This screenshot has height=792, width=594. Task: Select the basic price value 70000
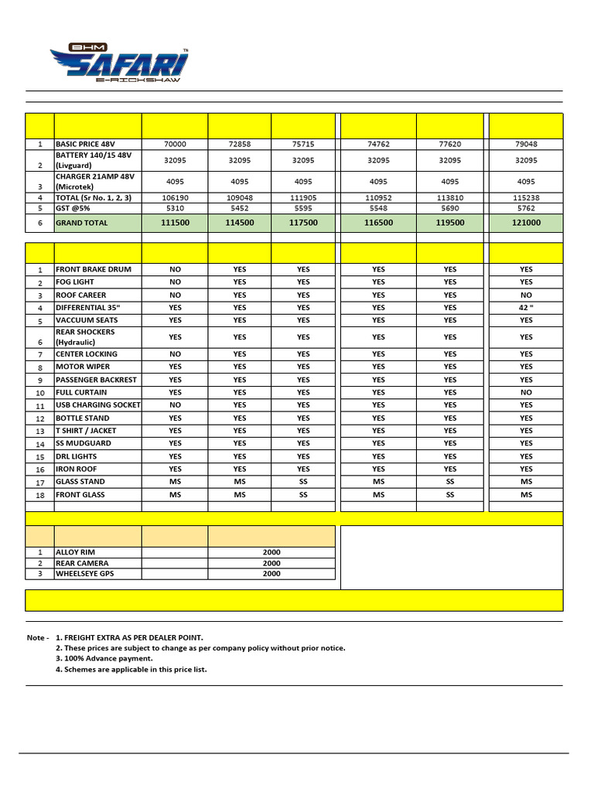tap(175, 144)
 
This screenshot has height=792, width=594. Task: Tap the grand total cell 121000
tap(526, 223)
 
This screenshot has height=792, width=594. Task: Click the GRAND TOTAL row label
tap(82, 223)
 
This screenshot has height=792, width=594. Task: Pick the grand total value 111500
tap(175, 223)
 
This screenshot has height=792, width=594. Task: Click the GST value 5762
tap(526, 209)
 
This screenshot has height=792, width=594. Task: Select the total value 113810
tap(450, 197)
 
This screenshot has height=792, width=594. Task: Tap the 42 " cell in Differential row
tap(526, 307)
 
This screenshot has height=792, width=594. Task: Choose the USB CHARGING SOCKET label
tap(97, 405)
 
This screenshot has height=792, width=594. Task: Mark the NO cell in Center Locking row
tap(175, 354)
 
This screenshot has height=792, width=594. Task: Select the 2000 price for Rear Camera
tap(271, 564)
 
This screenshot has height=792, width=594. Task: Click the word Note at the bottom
tap(36, 637)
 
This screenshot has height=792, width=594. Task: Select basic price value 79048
tap(526, 144)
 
